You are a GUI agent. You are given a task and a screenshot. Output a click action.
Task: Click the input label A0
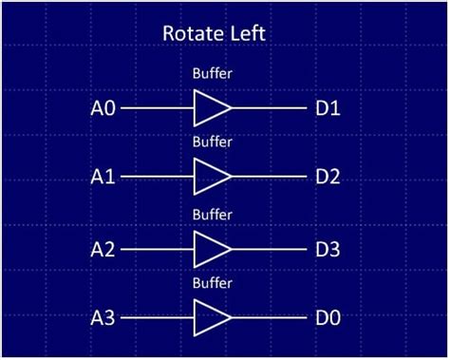pyautogui.click(x=103, y=108)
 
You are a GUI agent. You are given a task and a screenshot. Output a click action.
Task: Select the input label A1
pyautogui.click(x=103, y=177)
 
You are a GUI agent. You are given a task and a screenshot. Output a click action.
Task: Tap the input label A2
pyautogui.click(x=103, y=249)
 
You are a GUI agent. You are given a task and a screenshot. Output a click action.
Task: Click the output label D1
pyautogui.click(x=328, y=108)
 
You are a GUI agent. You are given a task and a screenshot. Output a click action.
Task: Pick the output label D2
pyautogui.click(x=328, y=177)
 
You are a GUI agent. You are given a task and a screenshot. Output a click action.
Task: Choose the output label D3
pyautogui.click(x=328, y=249)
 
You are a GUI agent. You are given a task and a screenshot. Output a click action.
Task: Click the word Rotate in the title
pyautogui.click(x=194, y=34)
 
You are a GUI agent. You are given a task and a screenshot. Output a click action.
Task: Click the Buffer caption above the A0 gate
pyautogui.click(x=212, y=72)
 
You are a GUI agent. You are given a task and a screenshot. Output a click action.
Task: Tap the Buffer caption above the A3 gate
pyautogui.click(x=212, y=283)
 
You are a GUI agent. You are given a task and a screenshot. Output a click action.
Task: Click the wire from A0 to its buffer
pyautogui.click(x=157, y=108)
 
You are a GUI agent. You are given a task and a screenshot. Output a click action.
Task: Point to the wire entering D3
pyautogui.click(x=270, y=249)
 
